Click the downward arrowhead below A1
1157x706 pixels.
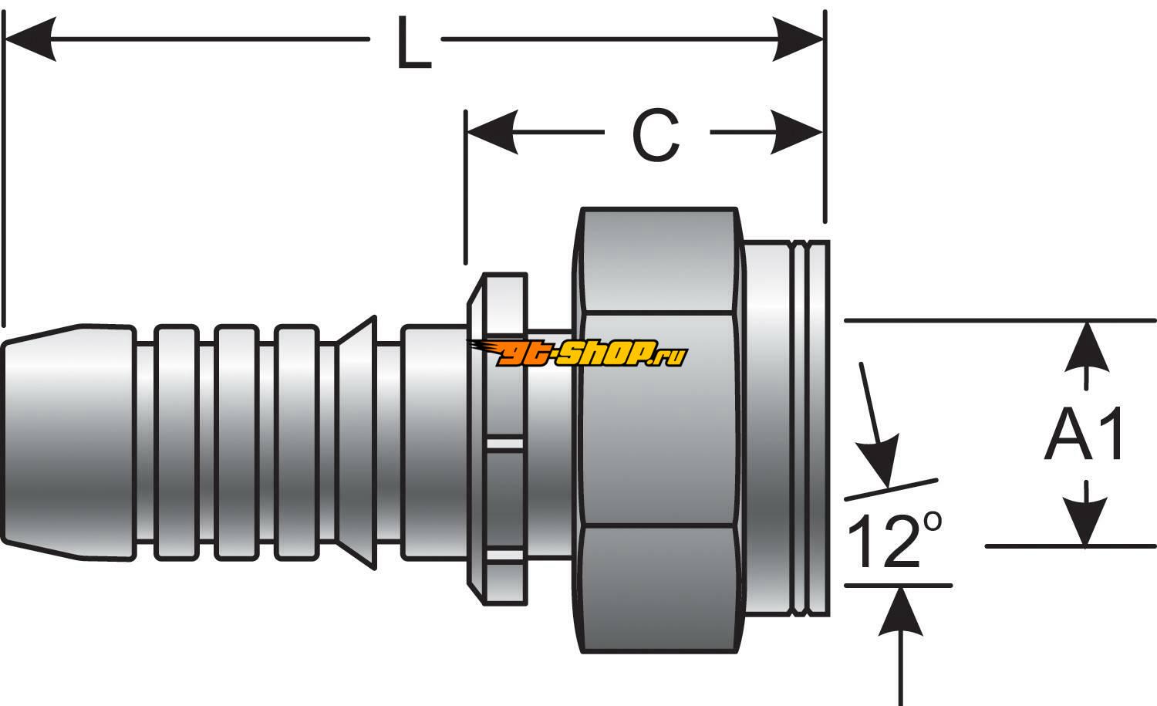pyautogui.click(x=1087, y=521)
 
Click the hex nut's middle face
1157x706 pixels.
pyautogui.click(x=657, y=421)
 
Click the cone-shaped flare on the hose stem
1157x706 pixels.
pyautogui.click(x=356, y=444)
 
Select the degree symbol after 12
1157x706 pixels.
pyautogui.click(x=931, y=522)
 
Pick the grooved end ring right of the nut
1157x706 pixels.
pyautogui.click(x=810, y=428)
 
